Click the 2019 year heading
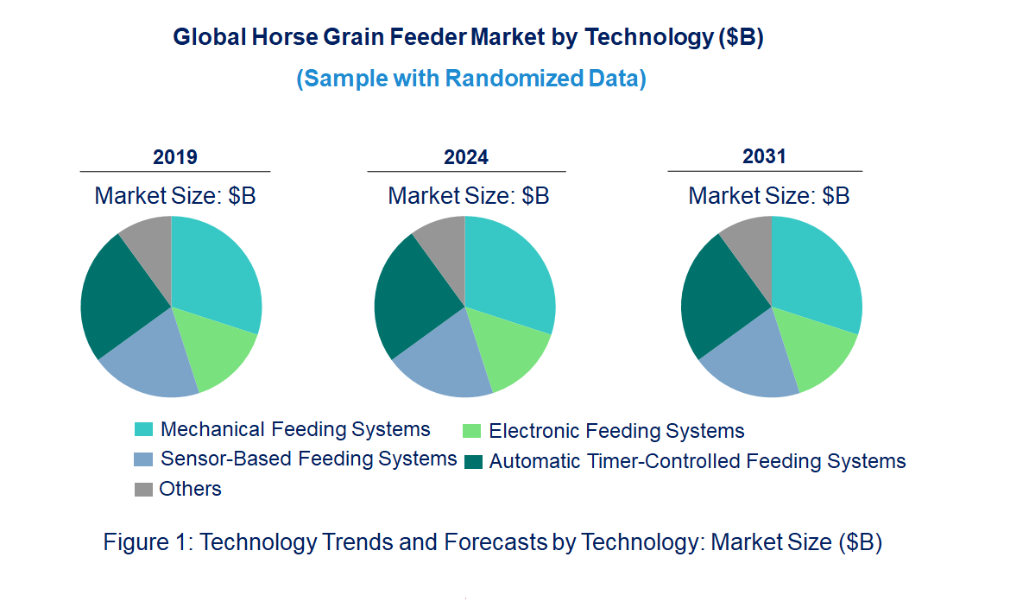174,156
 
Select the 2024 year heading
465,156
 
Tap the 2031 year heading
764,156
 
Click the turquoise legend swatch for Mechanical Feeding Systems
143,429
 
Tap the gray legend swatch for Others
143,489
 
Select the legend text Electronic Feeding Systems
616,430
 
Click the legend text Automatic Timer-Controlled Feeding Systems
698,461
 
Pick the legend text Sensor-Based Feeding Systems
308,459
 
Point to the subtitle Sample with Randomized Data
471,79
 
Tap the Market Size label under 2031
769,195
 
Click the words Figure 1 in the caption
148,541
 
